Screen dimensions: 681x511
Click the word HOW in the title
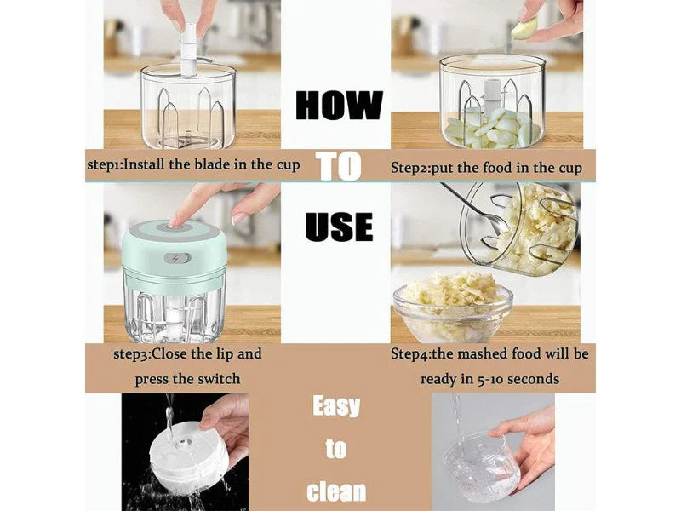pyautogui.click(x=339, y=105)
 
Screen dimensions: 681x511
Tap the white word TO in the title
pyautogui.click(x=339, y=166)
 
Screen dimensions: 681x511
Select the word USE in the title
pyautogui.click(x=339, y=227)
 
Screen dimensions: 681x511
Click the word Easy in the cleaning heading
pyautogui.click(x=336, y=406)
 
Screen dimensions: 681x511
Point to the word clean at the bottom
pyautogui.click(x=336, y=491)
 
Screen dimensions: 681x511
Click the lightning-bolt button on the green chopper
pyautogui.click(x=178, y=259)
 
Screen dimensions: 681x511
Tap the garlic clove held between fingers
pyautogui.click(x=523, y=29)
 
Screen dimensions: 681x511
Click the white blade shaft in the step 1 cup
pyautogui.click(x=189, y=50)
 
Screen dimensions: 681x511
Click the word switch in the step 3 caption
pyautogui.click(x=219, y=378)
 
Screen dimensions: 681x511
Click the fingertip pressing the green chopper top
pyautogui.click(x=176, y=222)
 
